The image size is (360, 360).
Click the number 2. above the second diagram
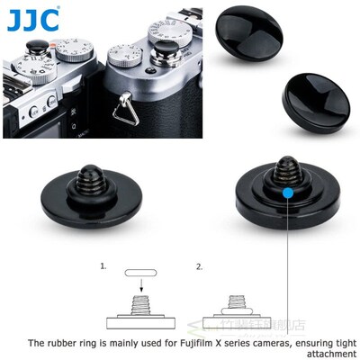pos(200,267)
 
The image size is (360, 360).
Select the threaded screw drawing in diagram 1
pos(140,307)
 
